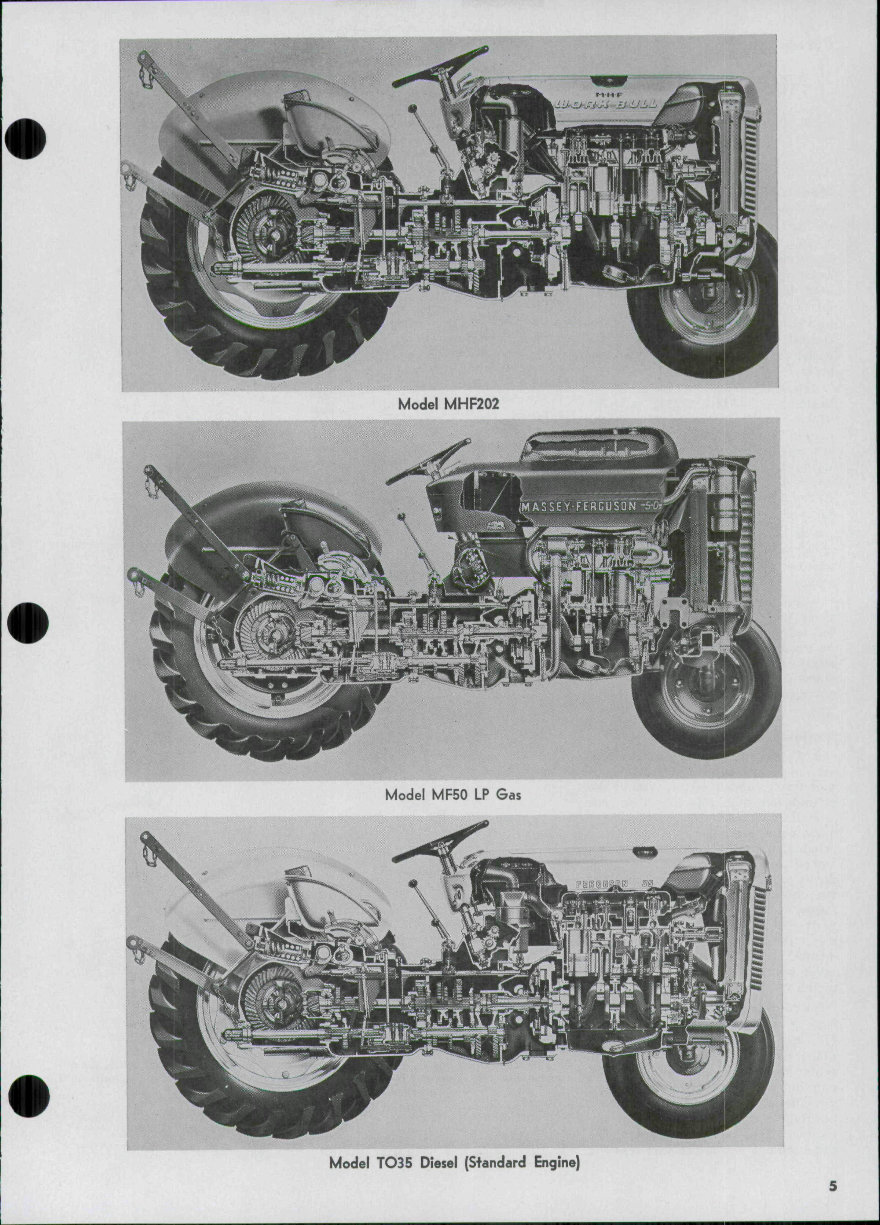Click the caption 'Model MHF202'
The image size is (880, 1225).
[448, 404]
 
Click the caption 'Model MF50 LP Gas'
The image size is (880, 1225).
[453, 795]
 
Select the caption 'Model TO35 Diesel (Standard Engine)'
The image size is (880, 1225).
[455, 1163]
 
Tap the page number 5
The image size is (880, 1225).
[832, 1187]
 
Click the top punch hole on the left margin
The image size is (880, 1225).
[26, 138]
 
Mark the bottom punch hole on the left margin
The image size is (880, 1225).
[27, 1095]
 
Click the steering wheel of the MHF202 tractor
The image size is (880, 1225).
[440, 67]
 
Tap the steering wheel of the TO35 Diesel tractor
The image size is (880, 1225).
[440, 841]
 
